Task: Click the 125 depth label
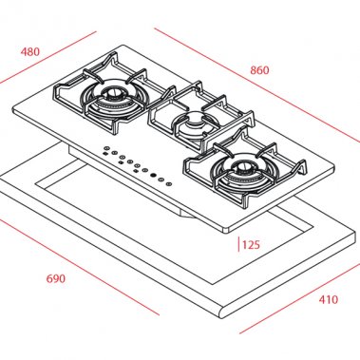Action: click(x=251, y=244)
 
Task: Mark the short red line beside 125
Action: click(x=237, y=243)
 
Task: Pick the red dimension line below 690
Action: click(x=81, y=267)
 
